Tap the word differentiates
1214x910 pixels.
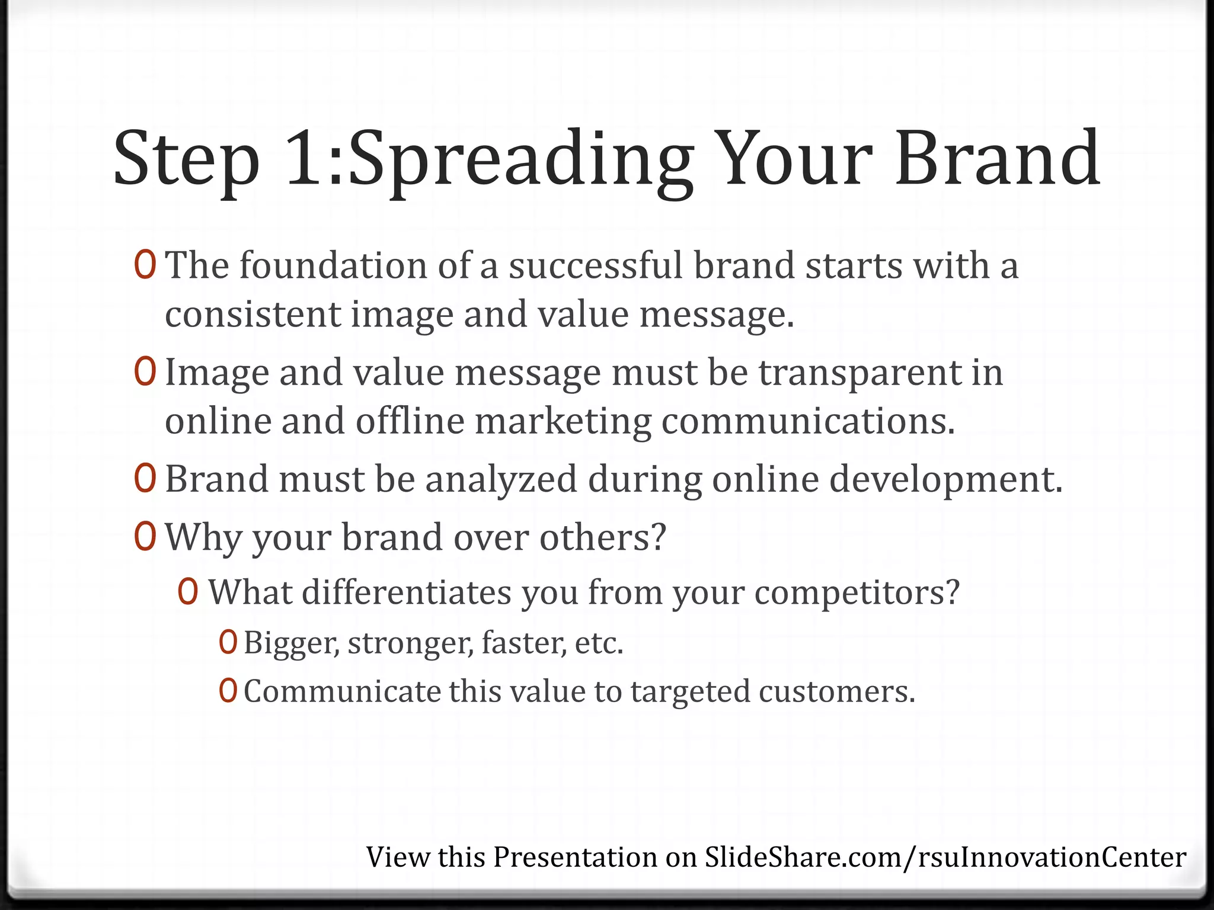tap(406, 592)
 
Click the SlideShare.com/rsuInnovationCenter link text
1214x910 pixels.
tap(945, 857)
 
